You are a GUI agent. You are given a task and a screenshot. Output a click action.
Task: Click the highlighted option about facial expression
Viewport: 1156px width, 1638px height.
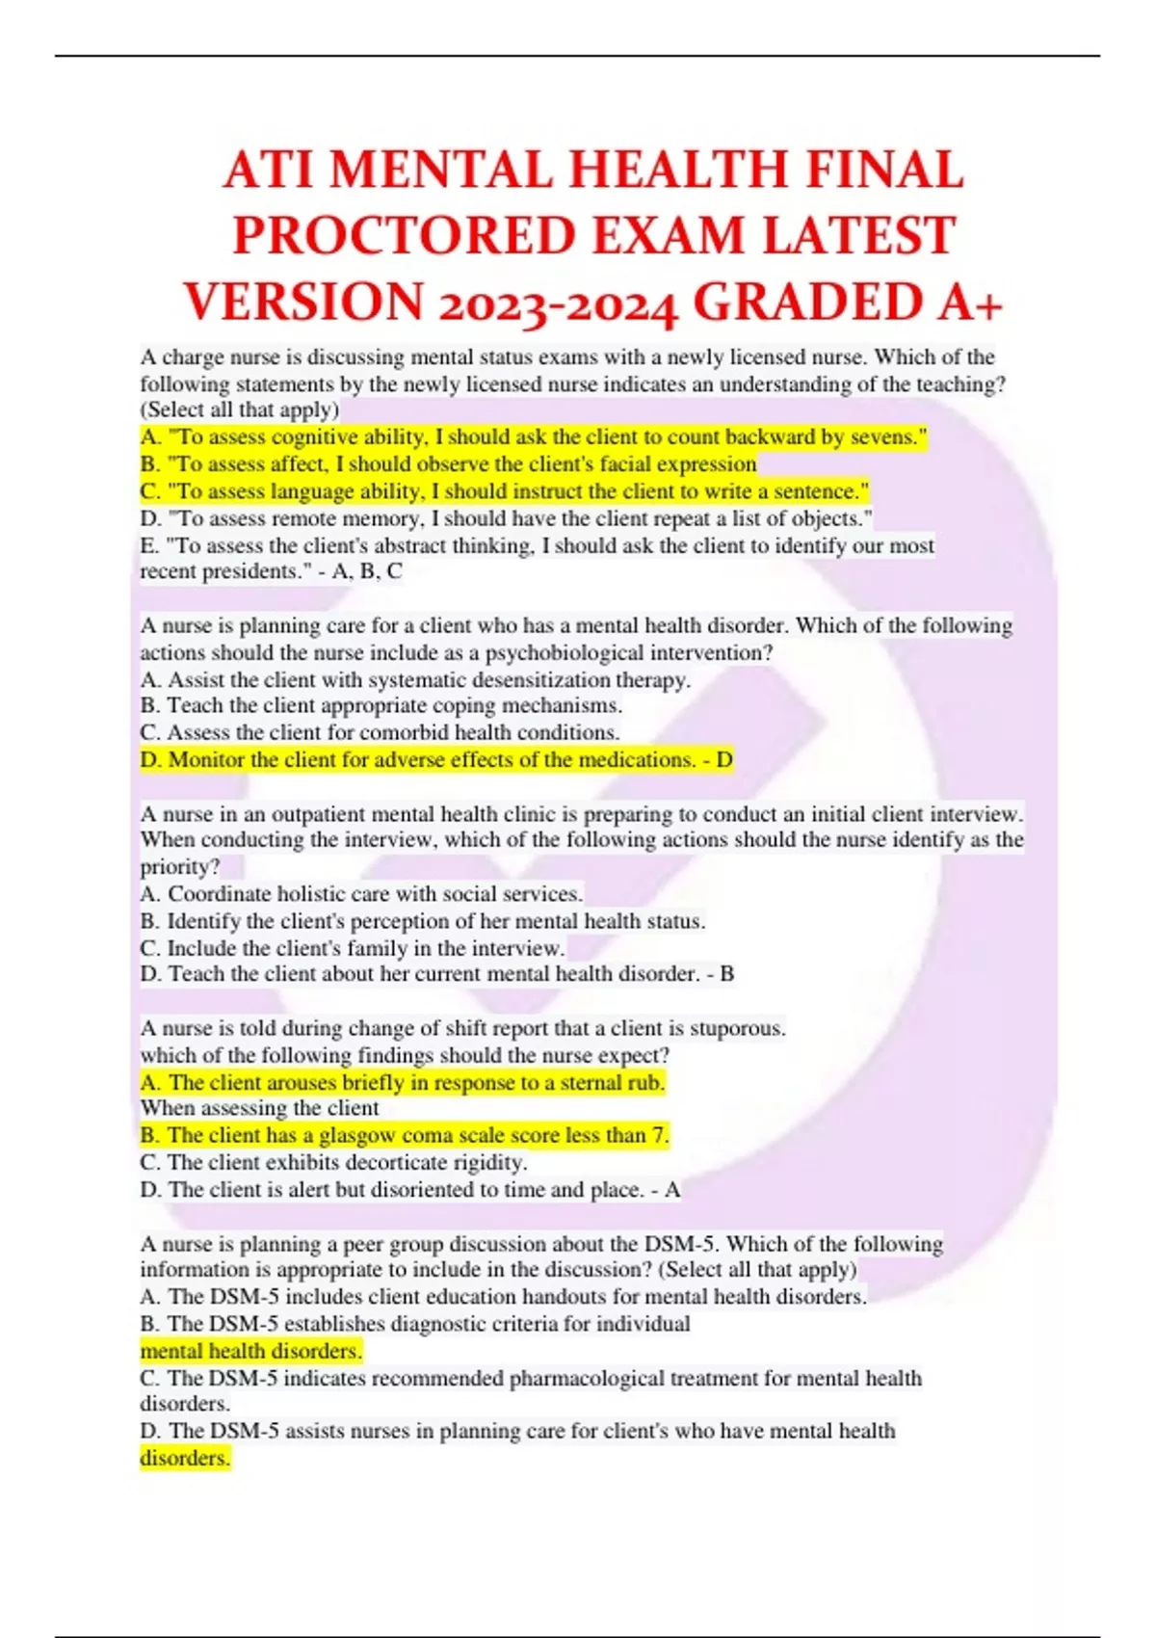point(448,464)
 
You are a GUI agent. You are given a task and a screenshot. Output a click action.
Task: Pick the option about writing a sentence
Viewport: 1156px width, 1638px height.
point(504,491)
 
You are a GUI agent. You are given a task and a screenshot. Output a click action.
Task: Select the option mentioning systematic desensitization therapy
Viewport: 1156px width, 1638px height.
point(414,680)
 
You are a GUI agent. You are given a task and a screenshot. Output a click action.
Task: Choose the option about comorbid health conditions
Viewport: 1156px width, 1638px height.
point(380,732)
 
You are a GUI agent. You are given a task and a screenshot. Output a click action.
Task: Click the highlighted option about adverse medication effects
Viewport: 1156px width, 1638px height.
point(435,760)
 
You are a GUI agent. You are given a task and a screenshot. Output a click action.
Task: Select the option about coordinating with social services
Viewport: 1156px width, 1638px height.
point(361,894)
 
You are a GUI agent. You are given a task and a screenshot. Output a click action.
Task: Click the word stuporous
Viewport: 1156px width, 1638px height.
point(738,1028)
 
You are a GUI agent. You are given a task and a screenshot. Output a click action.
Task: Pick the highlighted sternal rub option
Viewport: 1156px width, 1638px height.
point(403,1083)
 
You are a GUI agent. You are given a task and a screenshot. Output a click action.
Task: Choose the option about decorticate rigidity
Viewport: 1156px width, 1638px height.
point(333,1162)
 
